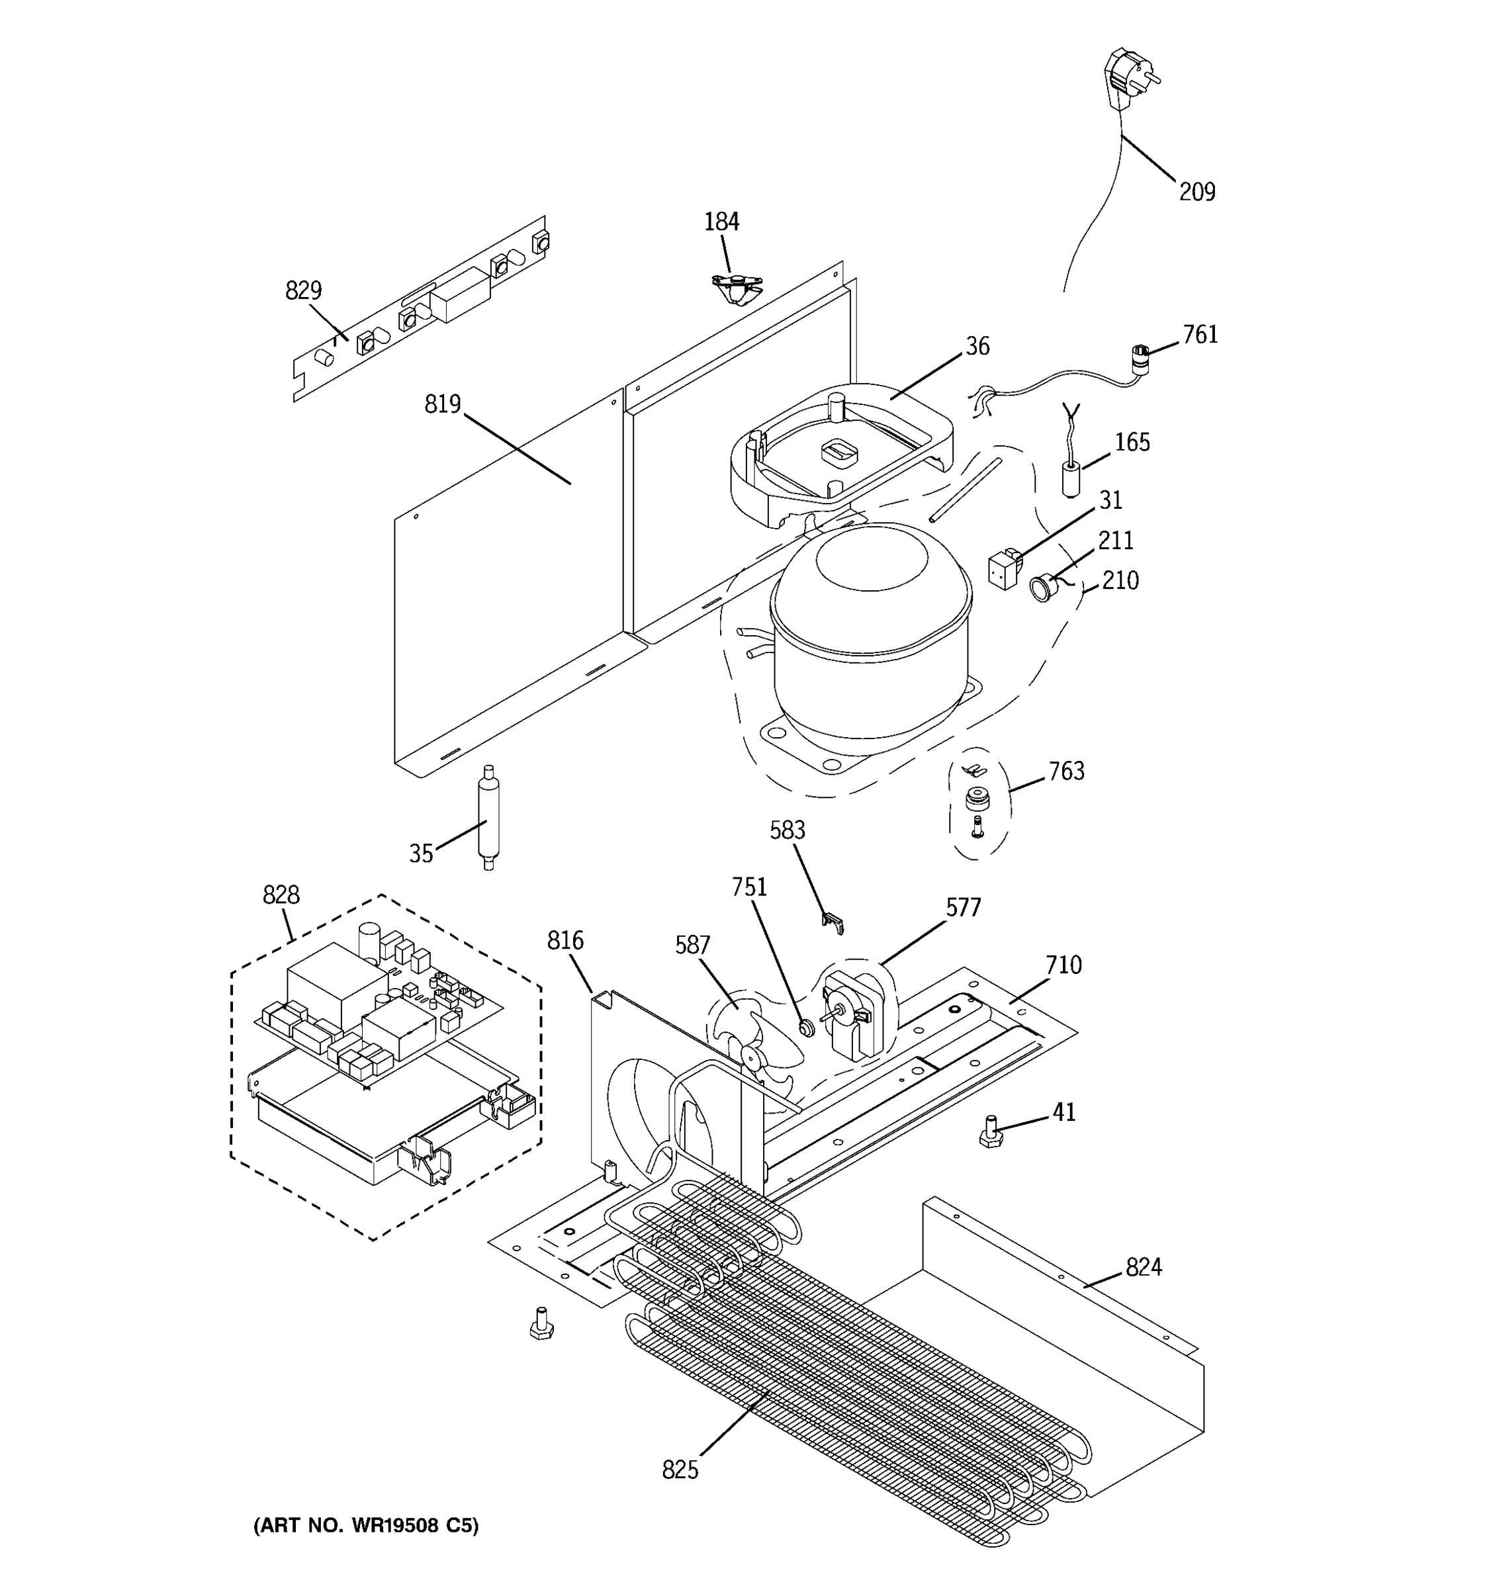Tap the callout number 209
coord(1196,192)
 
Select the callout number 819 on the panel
coord(443,404)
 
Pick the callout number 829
coord(304,290)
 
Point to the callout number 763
coord(1066,771)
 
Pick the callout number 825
coord(680,1470)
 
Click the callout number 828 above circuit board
coord(281,895)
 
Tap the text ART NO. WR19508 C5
coord(366,1526)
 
